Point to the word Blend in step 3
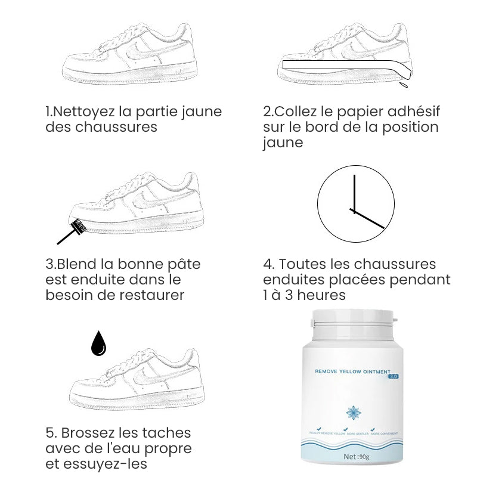coord(78,264)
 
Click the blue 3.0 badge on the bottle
coord(393,377)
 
